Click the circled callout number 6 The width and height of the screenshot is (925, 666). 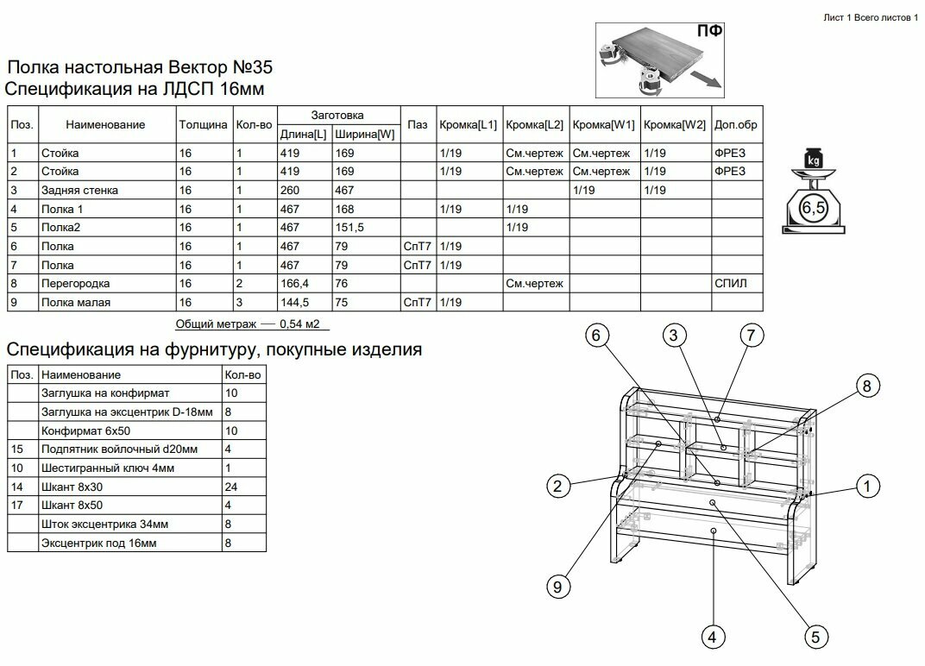596,336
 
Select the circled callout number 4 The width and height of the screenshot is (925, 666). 711,638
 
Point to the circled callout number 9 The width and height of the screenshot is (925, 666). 557,587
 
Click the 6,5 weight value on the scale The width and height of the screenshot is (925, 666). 813,207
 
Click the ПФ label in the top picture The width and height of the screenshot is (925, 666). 710,32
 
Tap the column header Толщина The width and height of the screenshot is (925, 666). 204,125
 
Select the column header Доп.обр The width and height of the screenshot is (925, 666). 735,125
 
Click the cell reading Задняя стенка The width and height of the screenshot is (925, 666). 79,190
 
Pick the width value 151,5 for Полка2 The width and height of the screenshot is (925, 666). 350,228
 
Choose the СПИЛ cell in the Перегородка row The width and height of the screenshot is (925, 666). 730,284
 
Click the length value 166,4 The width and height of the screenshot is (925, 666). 295,284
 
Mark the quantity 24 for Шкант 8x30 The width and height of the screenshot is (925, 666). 230,487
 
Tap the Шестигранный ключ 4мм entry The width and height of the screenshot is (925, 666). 108,468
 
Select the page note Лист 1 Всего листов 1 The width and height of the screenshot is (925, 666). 870,17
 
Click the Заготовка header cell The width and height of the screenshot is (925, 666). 337,115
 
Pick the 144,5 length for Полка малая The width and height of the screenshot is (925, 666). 295,303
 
